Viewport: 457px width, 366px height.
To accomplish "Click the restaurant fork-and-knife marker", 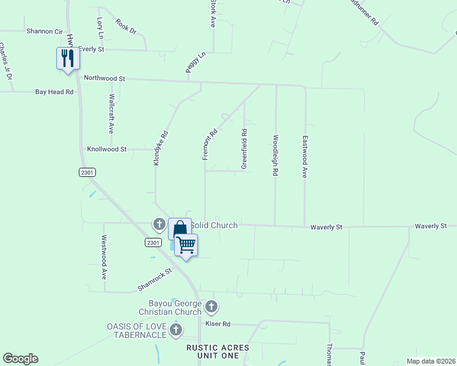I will pyautogui.click(x=67, y=59).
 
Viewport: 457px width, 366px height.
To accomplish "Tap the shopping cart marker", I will pyautogui.click(x=186, y=245).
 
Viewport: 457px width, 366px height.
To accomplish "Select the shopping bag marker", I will pyautogui.click(x=180, y=229).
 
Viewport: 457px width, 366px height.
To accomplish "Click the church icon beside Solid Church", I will pyautogui.click(x=159, y=224).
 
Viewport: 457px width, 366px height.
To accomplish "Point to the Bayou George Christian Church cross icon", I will pyautogui.click(x=211, y=306).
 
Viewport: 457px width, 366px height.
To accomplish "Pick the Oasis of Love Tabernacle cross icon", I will pyautogui.click(x=176, y=330).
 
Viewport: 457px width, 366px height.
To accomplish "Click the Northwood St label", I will pyautogui.click(x=104, y=79).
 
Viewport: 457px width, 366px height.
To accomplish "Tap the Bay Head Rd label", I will pyautogui.click(x=54, y=92).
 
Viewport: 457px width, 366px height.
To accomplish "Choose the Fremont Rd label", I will pyautogui.click(x=210, y=145).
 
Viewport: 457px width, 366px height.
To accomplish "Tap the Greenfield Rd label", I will pyautogui.click(x=244, y=149).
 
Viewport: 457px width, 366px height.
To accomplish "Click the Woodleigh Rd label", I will pyautogui.click(x=276, y=156).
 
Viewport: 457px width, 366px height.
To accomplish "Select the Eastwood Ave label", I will pyautogui.click(x=304, y=157).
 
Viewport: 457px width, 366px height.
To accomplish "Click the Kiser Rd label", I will pyautogui.click(x=218, y=324).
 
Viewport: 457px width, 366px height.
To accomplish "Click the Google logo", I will pyautogui.click(x=20, y=359).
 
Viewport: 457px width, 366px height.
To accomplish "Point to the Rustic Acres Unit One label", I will pyautogui.click(x=218, y=351).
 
